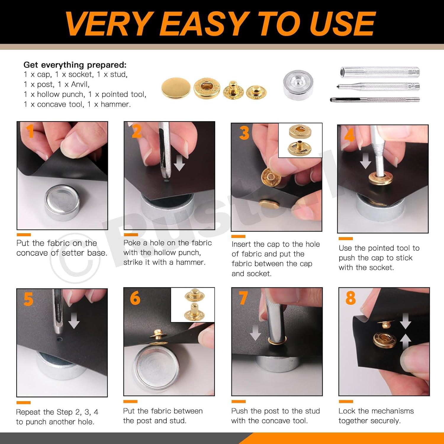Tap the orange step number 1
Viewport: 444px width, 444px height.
tap(30, 131)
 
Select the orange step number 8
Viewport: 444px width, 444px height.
tap(350, 298)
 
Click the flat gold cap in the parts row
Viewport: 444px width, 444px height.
tap(176, 88)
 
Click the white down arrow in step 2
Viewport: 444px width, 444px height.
tap(179, 164)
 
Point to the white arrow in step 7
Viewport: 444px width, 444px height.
tap(255, 332)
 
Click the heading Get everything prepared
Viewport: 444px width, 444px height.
tap(75, 65)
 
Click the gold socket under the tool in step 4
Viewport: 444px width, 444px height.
tap(381, 179)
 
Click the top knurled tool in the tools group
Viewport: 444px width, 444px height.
tap(379, 73)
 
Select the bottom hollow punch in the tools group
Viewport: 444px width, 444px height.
tap(375, 100)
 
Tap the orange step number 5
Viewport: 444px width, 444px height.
tap(28, 299)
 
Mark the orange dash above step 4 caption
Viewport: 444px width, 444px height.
tap(345, 239)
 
